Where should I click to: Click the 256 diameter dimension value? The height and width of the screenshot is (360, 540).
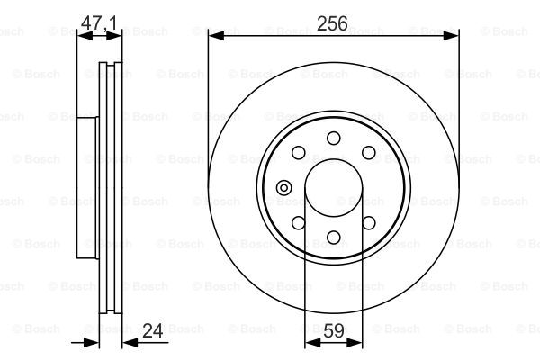[x=332, y=23]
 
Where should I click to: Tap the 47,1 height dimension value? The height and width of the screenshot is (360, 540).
[x=99, y=22]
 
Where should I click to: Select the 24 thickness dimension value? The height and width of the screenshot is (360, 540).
[x=153, y=330]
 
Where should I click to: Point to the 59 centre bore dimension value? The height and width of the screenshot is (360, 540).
[x=333, y=331]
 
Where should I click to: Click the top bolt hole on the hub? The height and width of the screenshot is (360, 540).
[x=333, y=138]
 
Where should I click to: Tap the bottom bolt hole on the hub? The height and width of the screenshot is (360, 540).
[x=333, y=237]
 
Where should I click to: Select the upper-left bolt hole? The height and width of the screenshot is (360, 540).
[x=298, y=153]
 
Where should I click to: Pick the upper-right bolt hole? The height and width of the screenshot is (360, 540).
[x=368, y=153]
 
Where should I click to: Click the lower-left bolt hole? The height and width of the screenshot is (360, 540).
[x=298, y=223]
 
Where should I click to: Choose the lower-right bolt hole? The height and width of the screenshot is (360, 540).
[x=368, y=223]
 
